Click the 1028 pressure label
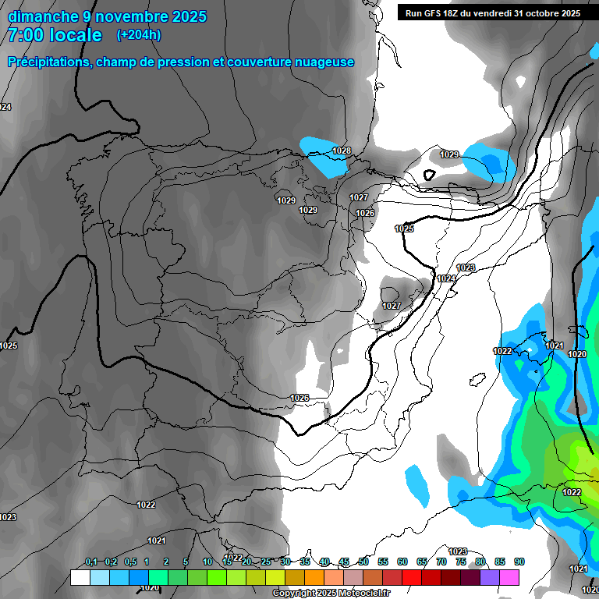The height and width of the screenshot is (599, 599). (x=342, y=151)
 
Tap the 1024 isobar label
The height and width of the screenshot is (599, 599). (x=446, y=278)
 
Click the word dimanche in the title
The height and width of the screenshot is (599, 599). (x=44, y=16)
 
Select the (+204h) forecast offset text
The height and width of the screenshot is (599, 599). (x=139, y=35)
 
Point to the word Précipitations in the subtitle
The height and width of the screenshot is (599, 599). (x=48, y=62)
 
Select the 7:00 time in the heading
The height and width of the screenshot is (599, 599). (x=23, y=35)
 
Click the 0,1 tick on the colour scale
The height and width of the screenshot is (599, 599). (x=91, y=562)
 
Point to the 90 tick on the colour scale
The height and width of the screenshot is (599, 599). (x=519, y=562)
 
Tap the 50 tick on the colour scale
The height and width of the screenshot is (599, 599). (x=363, y=562)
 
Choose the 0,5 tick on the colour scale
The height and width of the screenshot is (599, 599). (x=130, y=562)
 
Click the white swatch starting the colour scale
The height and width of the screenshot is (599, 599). (x=80, y=577)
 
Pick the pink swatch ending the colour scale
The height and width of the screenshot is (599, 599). (x=509, y=577)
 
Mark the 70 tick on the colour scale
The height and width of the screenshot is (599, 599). (x=441, y=562)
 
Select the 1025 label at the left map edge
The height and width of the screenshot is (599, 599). (x=9, y=346)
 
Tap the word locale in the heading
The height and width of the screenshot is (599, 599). (x=75, y=35)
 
